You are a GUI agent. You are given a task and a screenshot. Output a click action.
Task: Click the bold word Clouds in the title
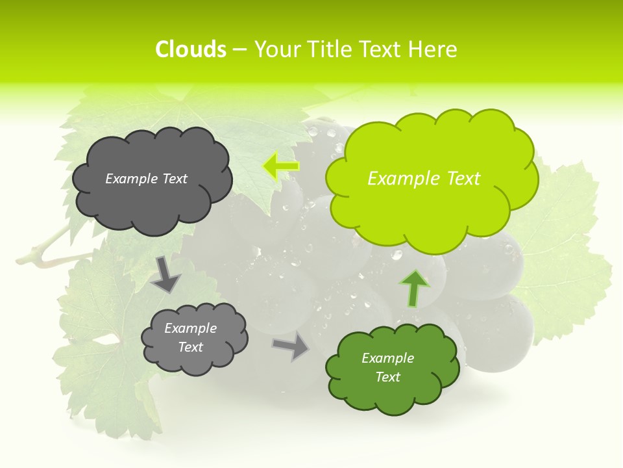coord(190,49)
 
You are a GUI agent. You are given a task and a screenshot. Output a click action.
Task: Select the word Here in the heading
coord(433,49)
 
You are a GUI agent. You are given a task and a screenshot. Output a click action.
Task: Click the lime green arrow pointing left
coord(280,166)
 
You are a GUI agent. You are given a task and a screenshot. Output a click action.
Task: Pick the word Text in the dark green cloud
coord(387,377)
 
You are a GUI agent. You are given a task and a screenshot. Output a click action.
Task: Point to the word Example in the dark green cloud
coord(387,358)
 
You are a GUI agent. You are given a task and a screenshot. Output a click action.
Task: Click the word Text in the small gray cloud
coord(190,347)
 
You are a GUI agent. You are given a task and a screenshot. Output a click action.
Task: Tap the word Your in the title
coord(276,49)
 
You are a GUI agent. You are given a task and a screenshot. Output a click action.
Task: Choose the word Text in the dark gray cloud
coord(175,179)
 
